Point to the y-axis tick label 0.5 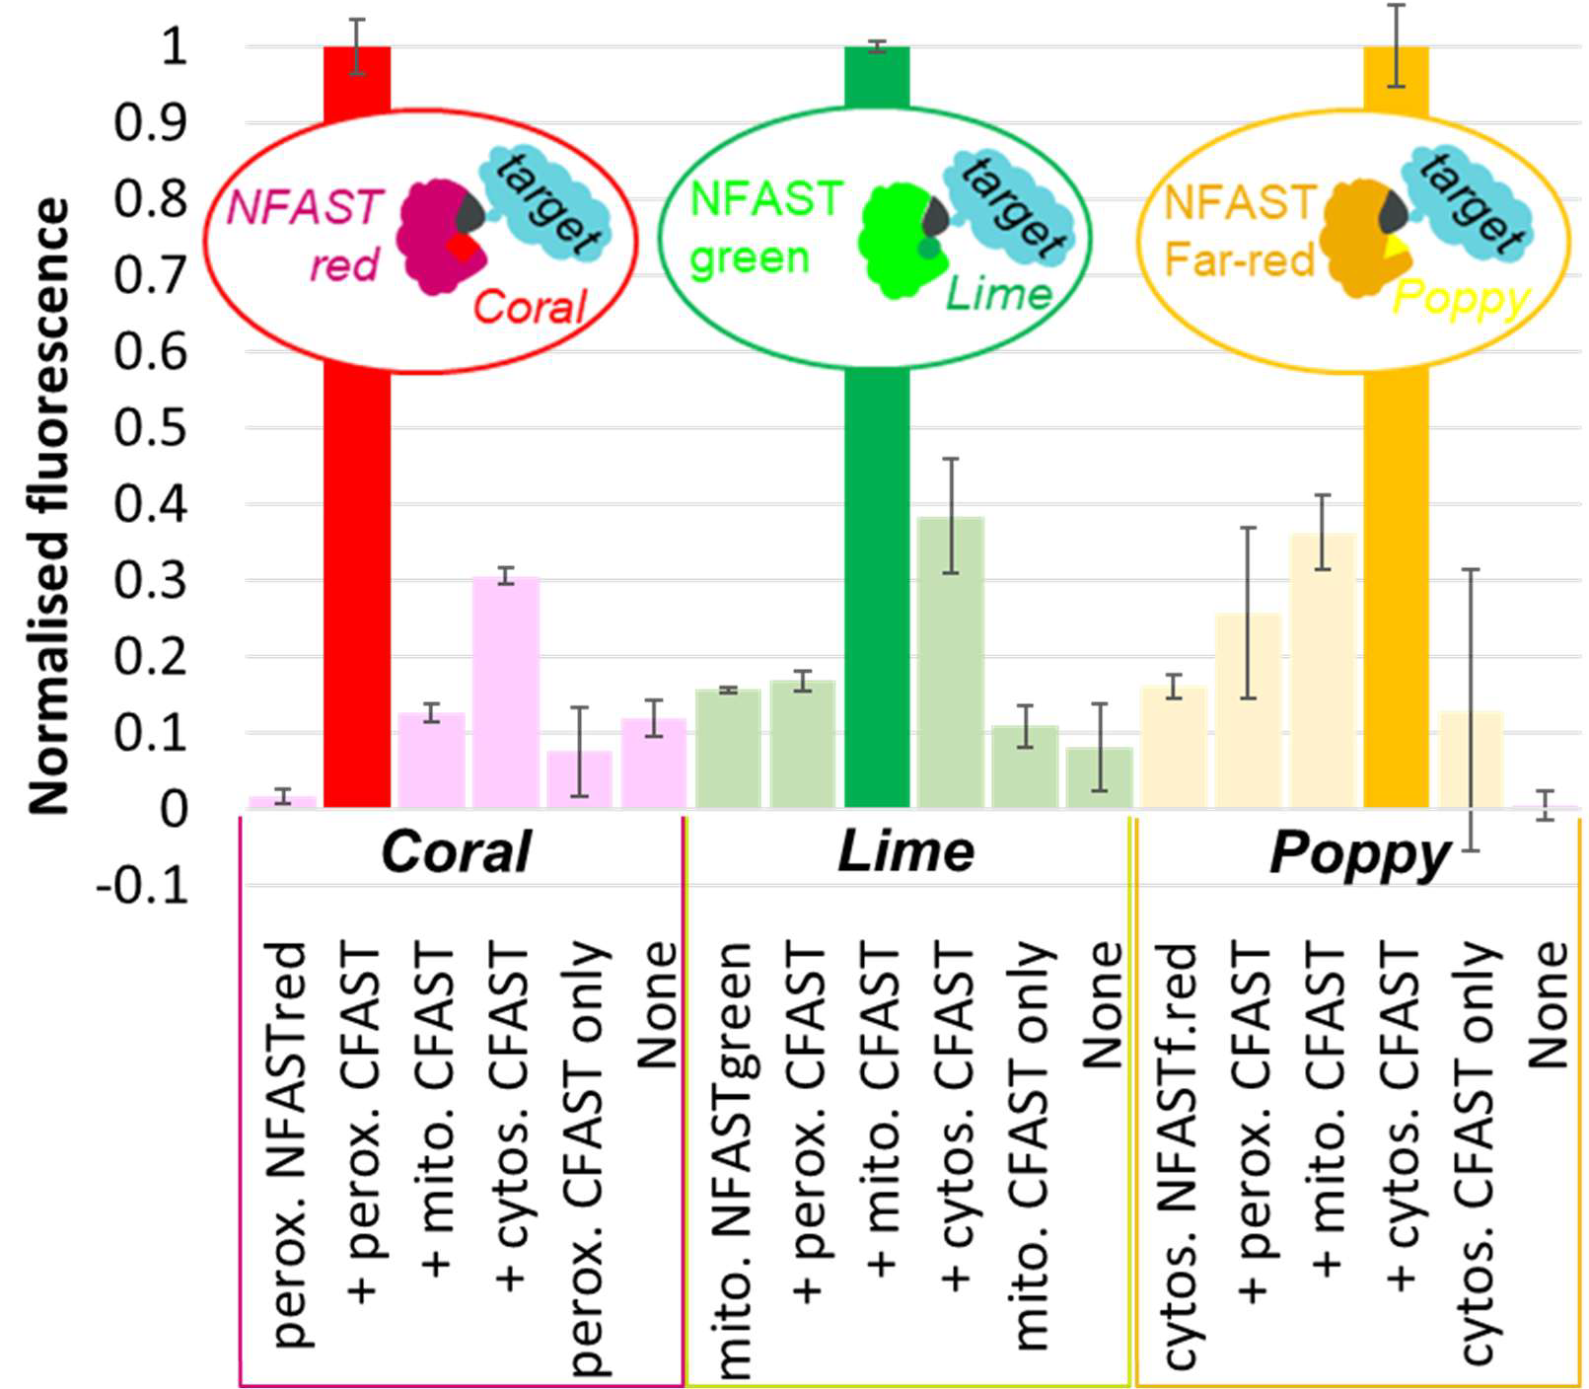150,428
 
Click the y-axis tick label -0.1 142,886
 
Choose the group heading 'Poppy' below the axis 1359,854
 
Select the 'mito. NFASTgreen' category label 732,1159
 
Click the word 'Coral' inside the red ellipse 530,307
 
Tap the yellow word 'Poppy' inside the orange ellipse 1461,298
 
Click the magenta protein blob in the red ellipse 434,237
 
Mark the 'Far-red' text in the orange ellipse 1239,259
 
